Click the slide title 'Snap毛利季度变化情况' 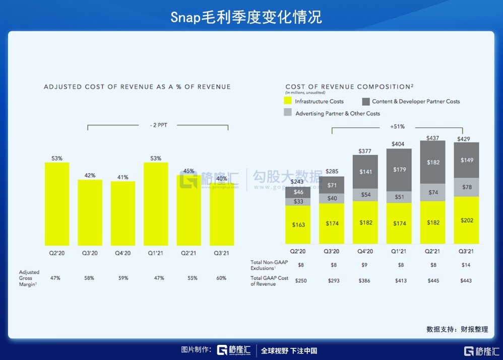[246, 17]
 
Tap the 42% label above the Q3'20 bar [90, 175]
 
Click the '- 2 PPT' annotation [158, 125]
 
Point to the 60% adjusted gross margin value [220, 278]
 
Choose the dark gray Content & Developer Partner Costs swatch [366, 101]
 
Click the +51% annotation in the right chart [397, 127]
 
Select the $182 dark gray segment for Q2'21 [432, 162]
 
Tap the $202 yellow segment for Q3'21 [466, 220]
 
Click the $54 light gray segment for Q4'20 [365, 195]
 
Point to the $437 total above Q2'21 [432, 137]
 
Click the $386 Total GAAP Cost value [365, 280]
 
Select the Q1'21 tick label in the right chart [399, 251]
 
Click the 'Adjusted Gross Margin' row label [29, 278]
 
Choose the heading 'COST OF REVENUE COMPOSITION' [348, 87]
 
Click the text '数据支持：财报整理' [457, 329]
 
